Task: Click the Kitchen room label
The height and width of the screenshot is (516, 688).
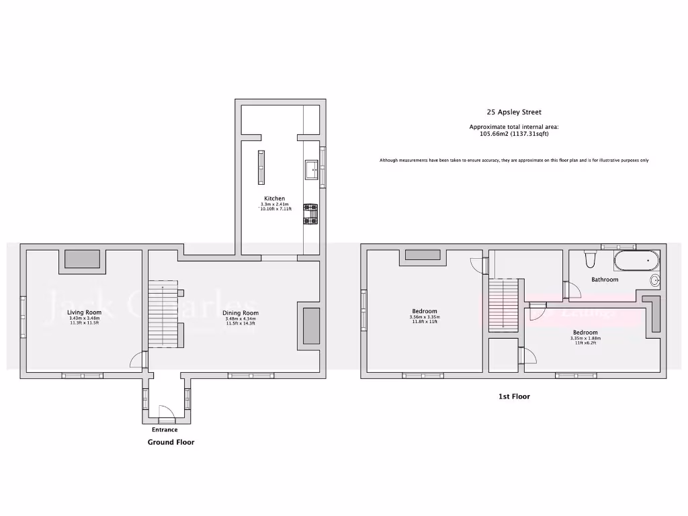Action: point(274,199)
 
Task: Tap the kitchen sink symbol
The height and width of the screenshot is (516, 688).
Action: point(312,169)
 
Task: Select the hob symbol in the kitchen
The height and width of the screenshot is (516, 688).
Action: point(310,214)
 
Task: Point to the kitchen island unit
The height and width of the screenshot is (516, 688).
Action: point(261,167)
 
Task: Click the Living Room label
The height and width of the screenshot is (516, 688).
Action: point(84,312)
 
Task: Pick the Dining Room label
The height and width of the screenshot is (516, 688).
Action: point(241,313)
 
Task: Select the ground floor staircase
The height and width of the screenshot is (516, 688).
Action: point(163,314)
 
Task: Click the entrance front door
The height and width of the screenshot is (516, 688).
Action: point(165,411)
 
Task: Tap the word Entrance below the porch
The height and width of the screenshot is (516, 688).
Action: point(165,430)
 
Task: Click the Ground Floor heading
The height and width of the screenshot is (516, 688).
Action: point(171,443)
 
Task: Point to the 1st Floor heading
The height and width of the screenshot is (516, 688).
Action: point(514,396)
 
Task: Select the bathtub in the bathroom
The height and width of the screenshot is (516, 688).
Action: point(636,259)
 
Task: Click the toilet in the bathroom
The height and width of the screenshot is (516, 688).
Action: point(591,260)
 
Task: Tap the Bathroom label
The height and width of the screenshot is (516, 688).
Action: point(605,279)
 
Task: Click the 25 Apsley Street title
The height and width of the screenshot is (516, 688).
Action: point(513,113)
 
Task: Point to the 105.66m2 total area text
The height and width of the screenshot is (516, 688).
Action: point(513,134)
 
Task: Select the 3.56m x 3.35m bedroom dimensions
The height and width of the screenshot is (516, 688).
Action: point(424,317)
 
